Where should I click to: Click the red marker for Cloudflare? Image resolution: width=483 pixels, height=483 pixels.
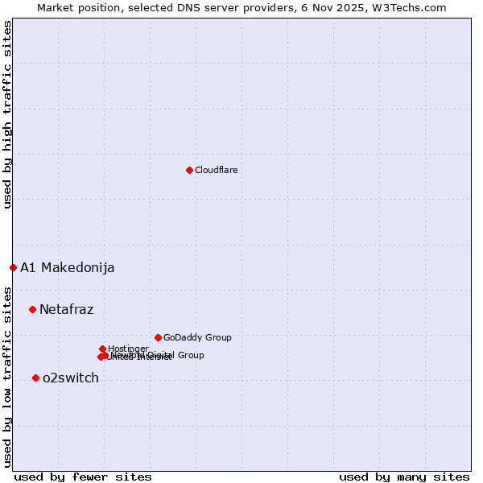[189, 170]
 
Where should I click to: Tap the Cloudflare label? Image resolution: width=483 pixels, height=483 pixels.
[216, 170]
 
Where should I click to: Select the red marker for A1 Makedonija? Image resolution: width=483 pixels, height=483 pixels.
[13, 267]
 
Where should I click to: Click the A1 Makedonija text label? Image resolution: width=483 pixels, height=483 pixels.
[67, 268]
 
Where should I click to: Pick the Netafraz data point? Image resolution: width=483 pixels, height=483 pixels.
[32, 309]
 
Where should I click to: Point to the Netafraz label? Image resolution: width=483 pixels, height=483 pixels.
[66, 310]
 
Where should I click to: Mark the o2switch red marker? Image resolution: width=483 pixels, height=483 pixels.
[35, 378]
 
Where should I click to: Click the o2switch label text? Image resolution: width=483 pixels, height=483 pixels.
[70, 378]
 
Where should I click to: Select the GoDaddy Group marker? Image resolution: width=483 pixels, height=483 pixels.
[158, 337]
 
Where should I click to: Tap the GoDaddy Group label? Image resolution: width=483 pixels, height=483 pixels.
[197, 338]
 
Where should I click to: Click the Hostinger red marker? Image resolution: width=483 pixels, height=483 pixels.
[102, 349]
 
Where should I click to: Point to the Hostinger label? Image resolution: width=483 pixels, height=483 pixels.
[128, 349]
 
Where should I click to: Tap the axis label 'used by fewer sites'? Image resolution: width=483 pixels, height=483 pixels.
[83, 477]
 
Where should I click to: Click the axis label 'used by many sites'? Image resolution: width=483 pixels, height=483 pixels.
[404, 477]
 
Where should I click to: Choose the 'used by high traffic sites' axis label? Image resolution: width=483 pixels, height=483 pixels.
[7, 114]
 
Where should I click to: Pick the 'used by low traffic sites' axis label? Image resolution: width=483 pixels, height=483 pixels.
[7, 376]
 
